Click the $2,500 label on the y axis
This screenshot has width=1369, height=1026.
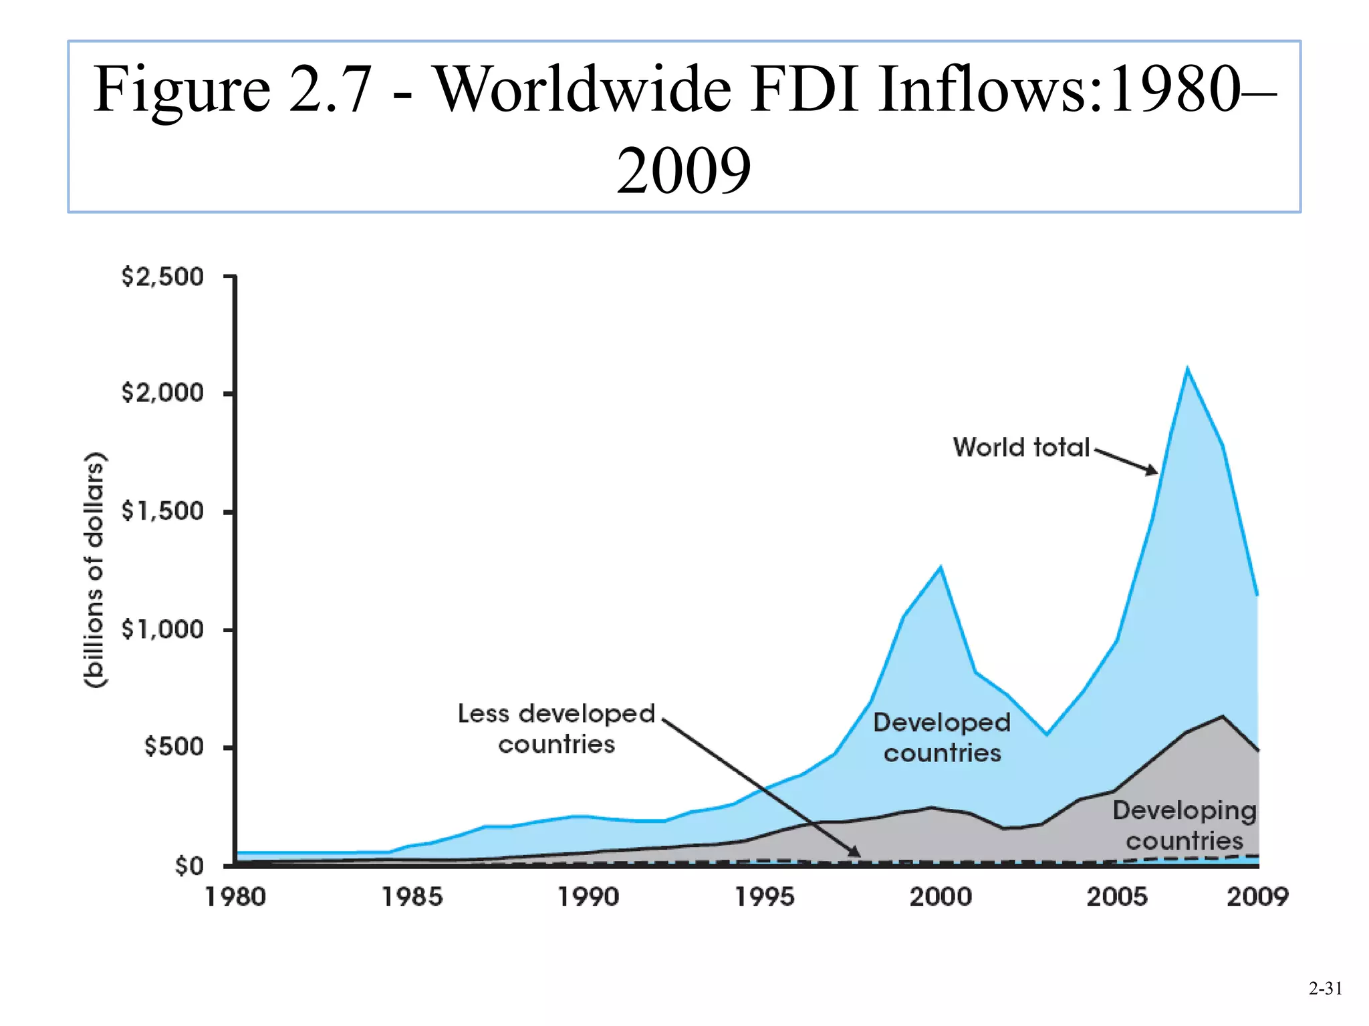162,277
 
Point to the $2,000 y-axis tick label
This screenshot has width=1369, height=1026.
162,393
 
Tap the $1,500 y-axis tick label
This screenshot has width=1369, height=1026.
162,511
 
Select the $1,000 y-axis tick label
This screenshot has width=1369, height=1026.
162,629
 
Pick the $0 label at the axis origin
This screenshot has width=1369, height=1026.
189,866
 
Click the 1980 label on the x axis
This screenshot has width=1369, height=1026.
235,897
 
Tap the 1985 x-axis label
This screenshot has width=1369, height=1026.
412,897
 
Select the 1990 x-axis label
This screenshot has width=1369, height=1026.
588,897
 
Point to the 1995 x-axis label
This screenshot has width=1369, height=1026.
765,897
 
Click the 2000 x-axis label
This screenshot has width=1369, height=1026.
941,897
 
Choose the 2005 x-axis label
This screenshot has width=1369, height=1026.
1117,897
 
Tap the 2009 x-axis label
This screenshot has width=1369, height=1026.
1257,897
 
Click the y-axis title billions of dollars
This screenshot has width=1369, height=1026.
95,570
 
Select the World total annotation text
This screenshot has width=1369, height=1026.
1021,448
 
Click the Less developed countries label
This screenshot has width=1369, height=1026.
556,729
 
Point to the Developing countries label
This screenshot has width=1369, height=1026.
1185,826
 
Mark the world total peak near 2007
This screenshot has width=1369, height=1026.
1187,368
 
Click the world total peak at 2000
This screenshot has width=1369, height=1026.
941,567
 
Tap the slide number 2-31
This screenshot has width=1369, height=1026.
1325,989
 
